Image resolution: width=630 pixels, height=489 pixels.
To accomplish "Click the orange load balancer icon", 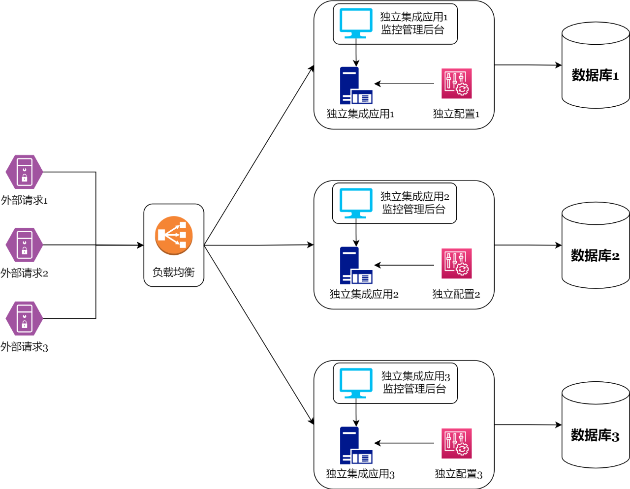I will (x=174, y=235).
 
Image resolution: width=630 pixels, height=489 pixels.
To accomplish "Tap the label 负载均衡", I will (x=173, y=272).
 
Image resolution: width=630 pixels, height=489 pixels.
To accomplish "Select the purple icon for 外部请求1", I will (x=24, y=172).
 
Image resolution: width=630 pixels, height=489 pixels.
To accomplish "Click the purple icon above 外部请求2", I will (x=24, y=244).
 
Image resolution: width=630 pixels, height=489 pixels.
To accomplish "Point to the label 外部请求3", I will (x=24, y=347).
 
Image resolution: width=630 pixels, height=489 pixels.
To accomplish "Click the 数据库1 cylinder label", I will (x=595, y=75).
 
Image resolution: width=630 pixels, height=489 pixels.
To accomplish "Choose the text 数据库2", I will (x=595, y=255).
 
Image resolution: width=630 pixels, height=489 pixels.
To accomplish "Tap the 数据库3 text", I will (x=595, y=435).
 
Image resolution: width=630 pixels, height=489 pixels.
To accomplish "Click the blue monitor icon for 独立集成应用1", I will (x=356, y=23).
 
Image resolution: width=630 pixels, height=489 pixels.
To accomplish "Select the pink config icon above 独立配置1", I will (x=456, y=83).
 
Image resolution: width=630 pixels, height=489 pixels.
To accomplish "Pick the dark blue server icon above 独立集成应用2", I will (x=355, y=265).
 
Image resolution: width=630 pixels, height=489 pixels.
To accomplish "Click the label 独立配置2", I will (x=456, y=294).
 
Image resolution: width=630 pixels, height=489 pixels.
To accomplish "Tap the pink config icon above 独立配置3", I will (x=456, y=443).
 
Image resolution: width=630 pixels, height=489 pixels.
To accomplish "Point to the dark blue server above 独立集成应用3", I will (x=355, y=445).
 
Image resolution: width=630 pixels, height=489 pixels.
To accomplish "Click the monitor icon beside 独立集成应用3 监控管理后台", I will (x=356, y=383).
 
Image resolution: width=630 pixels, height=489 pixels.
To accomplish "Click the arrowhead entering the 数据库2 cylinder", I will (x=559, y=245).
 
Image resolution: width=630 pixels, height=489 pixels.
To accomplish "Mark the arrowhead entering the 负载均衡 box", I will (x=140, y=245).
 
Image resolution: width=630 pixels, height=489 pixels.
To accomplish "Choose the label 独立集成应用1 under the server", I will (x=360, y=114).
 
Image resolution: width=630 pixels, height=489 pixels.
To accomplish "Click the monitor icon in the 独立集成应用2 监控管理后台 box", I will (x=356, y=203).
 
